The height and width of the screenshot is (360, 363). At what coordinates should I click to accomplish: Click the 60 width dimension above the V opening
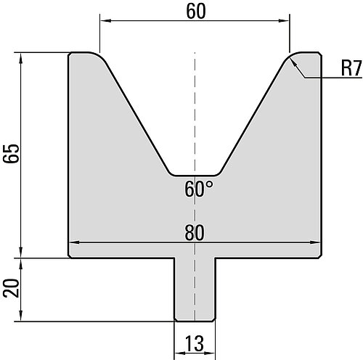[196, 12]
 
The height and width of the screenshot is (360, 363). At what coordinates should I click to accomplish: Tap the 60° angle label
[199, 189]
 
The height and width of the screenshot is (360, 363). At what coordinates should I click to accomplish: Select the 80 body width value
[195, 233]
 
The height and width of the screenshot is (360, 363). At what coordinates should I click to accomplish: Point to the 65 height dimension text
[11, 153]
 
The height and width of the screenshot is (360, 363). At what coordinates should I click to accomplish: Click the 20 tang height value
[11, 288]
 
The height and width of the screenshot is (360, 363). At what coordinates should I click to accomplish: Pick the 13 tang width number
[195, 343]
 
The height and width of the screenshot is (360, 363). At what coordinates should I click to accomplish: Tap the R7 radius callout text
[351, 68]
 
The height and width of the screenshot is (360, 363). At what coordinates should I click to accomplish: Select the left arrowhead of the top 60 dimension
[105, 21]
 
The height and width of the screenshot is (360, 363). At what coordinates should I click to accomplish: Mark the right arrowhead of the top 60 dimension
[284, 21]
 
